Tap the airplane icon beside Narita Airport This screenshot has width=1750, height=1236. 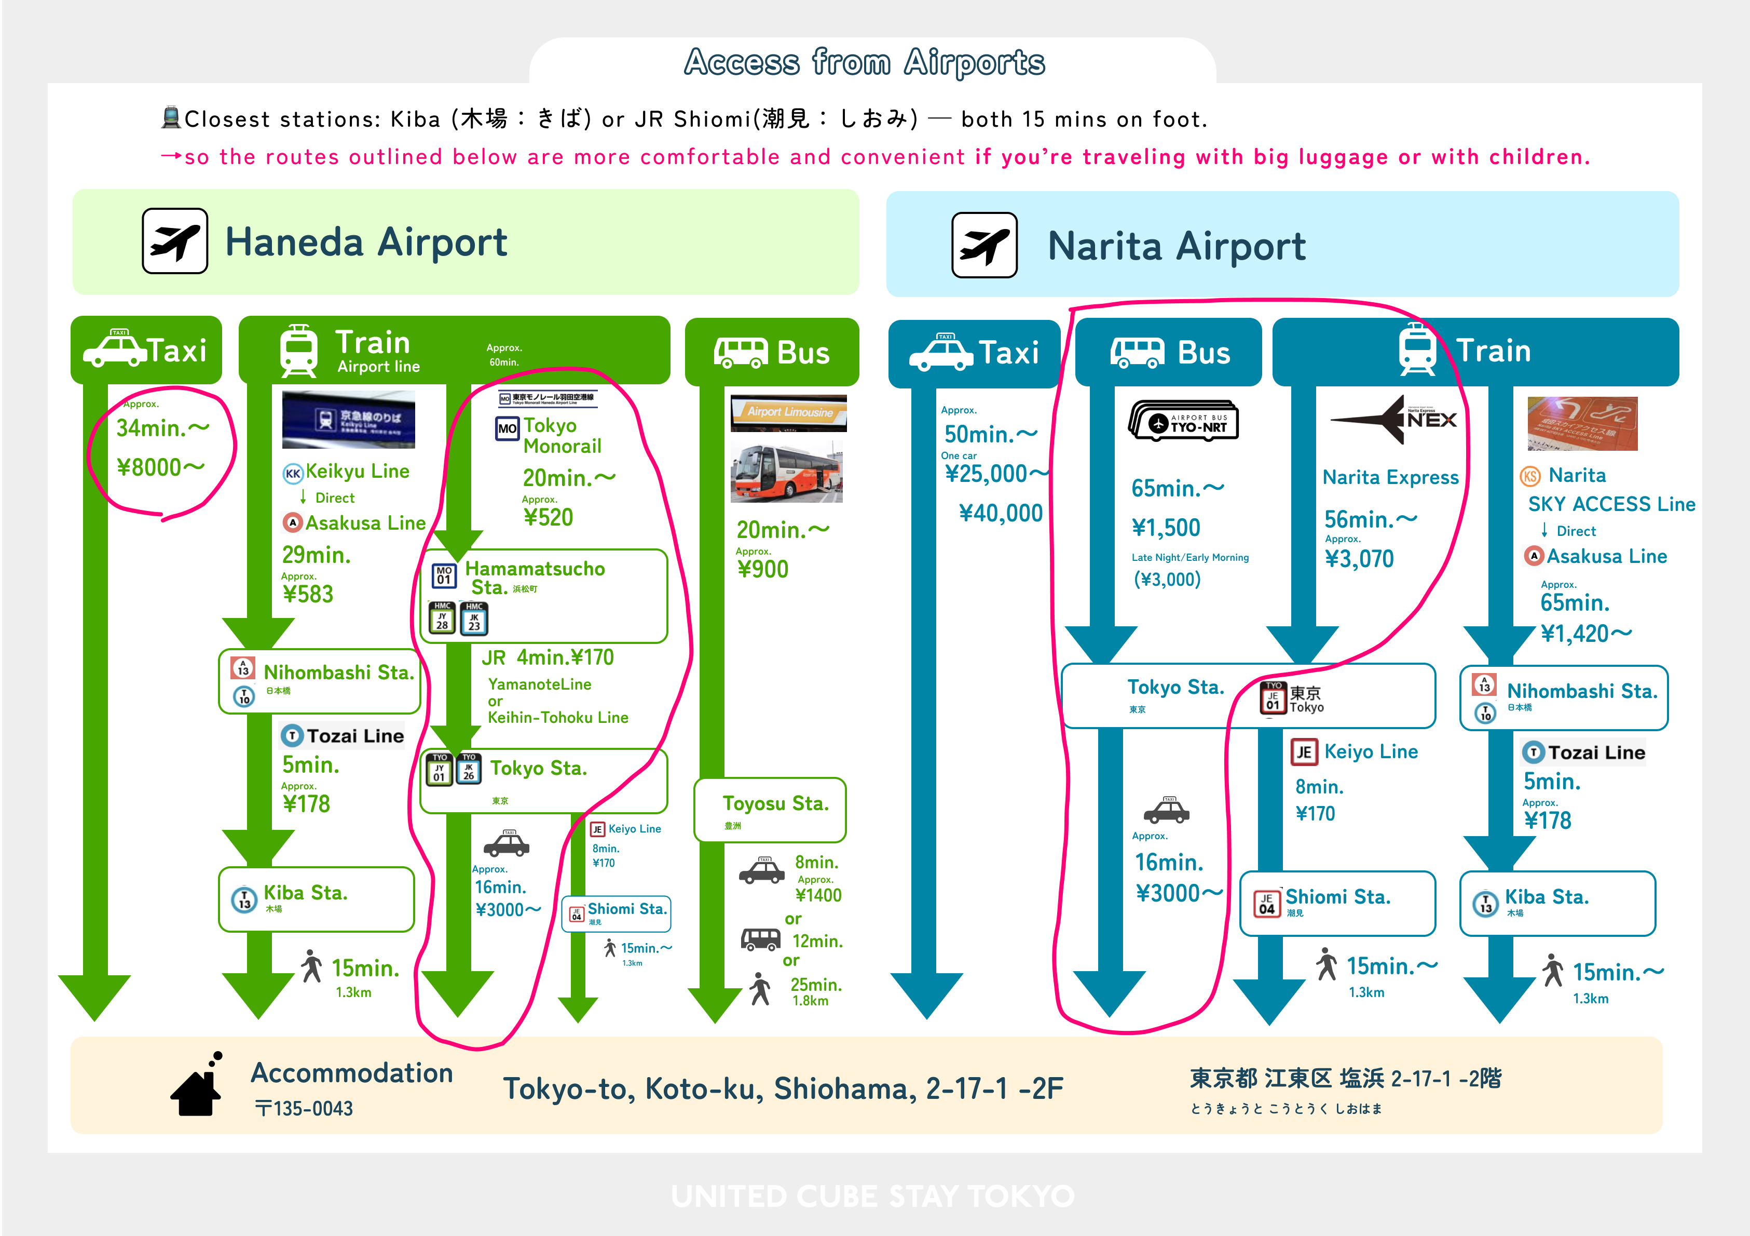tap(984, 246)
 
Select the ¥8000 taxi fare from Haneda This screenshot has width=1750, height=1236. tap(160, 467)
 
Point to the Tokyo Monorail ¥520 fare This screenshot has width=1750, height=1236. tap(548, 518)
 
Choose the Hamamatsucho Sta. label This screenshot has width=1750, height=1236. tap(535, 577)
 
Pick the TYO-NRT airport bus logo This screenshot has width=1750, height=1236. tap(1184, 421)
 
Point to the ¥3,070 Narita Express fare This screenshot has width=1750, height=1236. tap(1359, 559)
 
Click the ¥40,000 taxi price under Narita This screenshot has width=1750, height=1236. tap(1000, 513)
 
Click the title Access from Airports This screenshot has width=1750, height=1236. tap(864, 62)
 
